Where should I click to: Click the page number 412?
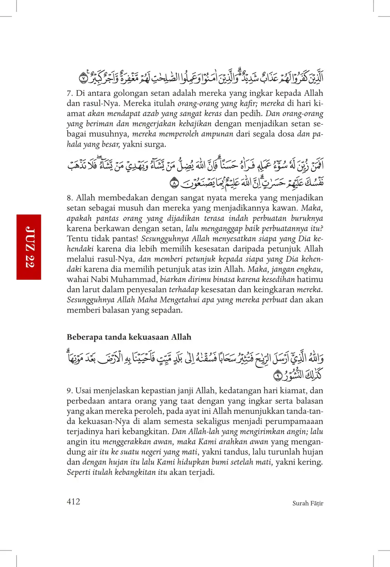point(73,501)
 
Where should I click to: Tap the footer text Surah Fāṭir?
point(308,503)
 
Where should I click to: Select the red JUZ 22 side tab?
point(29,247)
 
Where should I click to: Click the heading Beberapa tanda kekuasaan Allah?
point(129,337)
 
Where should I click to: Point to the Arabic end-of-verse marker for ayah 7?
point(83,78)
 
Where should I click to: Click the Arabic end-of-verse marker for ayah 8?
point(174,183)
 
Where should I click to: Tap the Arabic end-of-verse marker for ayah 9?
point(277,375)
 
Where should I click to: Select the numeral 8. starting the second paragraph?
point(70,198)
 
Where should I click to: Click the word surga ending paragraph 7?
point(155,144)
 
